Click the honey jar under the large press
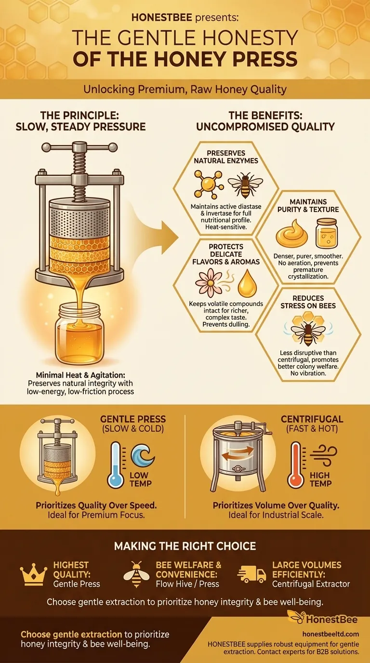pyautogui.click(x=79, y=334)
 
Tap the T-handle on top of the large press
pyautogui.click(x=79, y=147)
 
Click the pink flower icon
pyautogui.click(x=209, y=282)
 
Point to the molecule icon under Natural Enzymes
pyautogui.click(x=209, y=184)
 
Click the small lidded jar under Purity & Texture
pyautogui.click(x=326, y=233)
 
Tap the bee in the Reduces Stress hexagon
pyautogui.click(x=308, y=332)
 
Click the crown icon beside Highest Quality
pyautogui.click(x=33, y=576)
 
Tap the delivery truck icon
pyautogui.click(x=252, y=574)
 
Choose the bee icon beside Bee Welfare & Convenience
pyautogui.click(x=136, y=574)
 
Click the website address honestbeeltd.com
pyautogui.click(x=330, y=634)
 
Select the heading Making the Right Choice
pyautogui.click(x=185, y=546)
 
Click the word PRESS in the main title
pyautogui.click(x=265, y=59)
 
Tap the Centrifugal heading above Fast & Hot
pyautogui.click(x=312, y=419)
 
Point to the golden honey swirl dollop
pyautogui.click(x=292, y=232)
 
